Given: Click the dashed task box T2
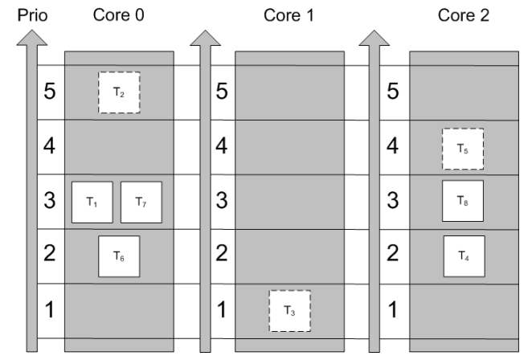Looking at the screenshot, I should pyautogui.click(x=119, y=92).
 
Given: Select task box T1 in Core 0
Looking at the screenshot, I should pyautogui.click(x=92, y=202).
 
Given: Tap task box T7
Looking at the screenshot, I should pyautogui.click(x=141, y=202).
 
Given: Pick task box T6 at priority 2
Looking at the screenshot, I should pyautogui.click(x=119, y=256).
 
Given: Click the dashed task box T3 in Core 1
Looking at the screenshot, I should pyautogui.click(x=289, y=311).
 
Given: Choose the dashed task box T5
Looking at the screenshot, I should pyautogui.click(x=463, y=148).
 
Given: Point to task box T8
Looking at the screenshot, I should pyautogui.click(x=463, y=202).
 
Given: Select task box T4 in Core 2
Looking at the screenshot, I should pyautogui.click(x=463, y=256).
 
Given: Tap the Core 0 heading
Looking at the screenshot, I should pyautogui.click(x=119, y=14).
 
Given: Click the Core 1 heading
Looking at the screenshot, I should pyautogui.click(x=290, y=14).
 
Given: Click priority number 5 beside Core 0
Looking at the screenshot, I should pyautogui.click(x=49, y=92).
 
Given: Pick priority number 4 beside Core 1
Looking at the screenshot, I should pyautogui.click(x=221, y=147).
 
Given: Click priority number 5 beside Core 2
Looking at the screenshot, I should pyautogui.click(x=394, y=92).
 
